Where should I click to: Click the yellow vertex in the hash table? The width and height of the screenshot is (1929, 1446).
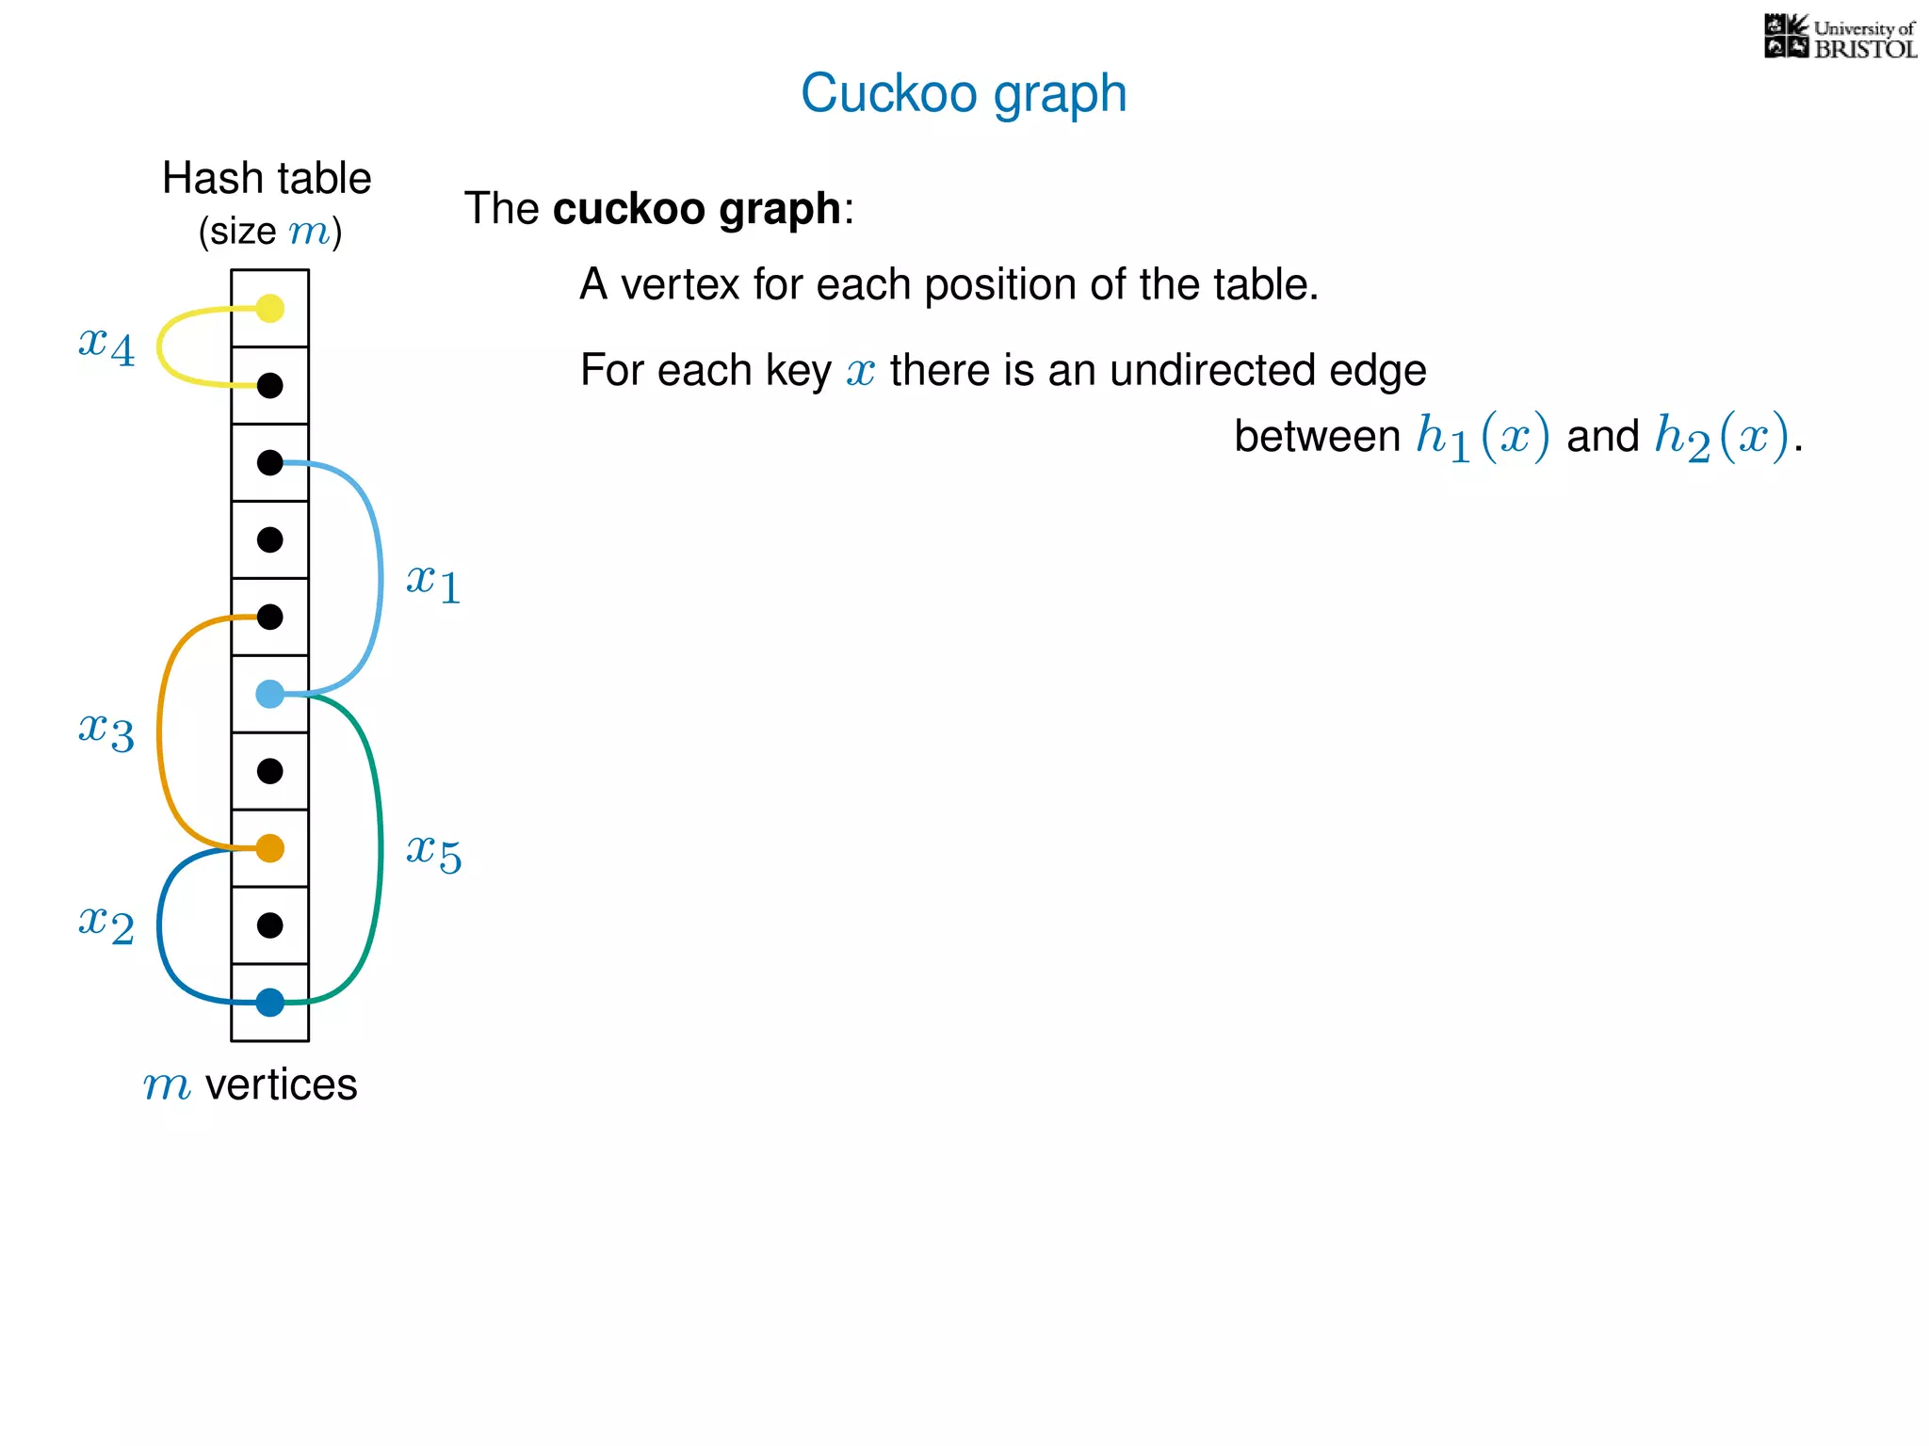[x=270, y=308]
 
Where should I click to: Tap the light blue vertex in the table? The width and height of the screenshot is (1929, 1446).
[x=270, y=695]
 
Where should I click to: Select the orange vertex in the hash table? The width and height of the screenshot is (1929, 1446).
[x=270, y=848]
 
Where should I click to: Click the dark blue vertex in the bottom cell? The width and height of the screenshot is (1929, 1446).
[x=270, y=1003]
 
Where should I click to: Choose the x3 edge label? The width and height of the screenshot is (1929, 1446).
[x=106, y=731]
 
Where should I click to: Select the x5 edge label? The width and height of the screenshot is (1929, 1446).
[x=433, y=853]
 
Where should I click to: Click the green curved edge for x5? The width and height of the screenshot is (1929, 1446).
[x=380, y=847]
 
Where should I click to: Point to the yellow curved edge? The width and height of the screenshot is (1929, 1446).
[x=160, y=346]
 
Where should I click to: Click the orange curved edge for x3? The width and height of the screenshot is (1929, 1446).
[x=160, y=732]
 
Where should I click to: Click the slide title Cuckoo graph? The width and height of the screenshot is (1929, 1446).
[x=964, y=93]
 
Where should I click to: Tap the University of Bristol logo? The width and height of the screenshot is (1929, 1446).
[x=1840, y=38]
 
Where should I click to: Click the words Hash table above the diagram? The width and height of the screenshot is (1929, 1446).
[x=267, y=178]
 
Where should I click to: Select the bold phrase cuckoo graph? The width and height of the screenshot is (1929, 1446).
[x=696, y=208]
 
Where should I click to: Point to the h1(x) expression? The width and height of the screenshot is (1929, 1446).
[x=1483, y=437]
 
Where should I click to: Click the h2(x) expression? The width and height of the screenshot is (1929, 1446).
[x=1721, y=437]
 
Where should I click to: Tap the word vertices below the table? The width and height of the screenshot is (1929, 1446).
[x=281, y=1084]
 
